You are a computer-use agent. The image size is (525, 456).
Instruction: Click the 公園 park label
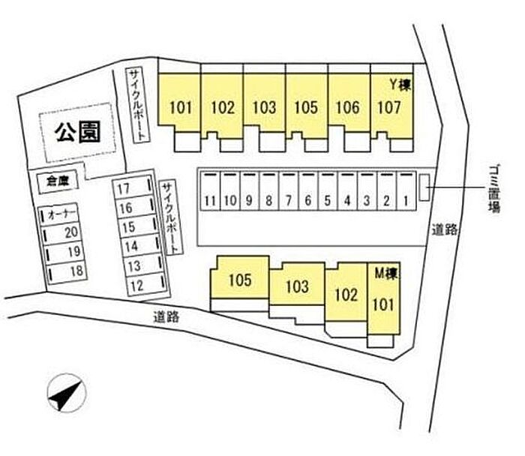click(x=77, y=132)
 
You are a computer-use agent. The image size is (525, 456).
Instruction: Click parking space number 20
click(x=72, y=232)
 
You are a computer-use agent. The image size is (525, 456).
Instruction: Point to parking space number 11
click(x=210, y=201)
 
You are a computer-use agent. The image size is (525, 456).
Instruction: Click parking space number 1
click(x=406, y=201)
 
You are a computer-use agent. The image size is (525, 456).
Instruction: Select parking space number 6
click(x=307, y=201)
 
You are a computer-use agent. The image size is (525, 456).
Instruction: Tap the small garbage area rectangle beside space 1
click(x=424, y=187)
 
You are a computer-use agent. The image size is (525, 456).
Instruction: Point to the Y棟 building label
click(x=397, y=84)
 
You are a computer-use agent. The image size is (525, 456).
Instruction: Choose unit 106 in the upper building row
click(x=348, y=107)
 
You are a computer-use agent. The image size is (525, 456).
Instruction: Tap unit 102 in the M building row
click(x=346, y=295)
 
